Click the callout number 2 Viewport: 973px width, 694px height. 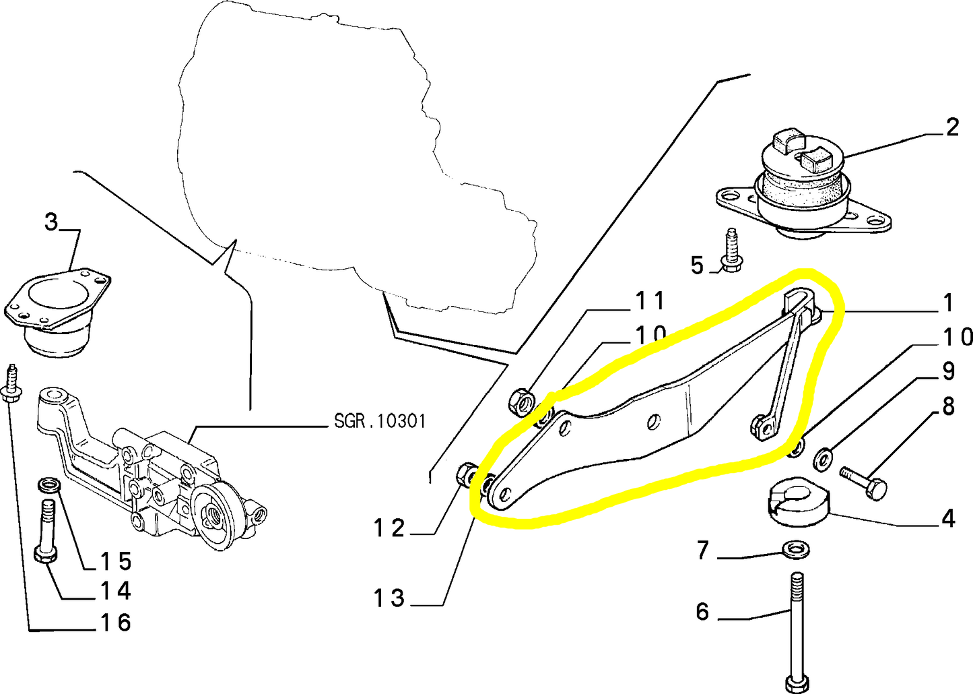[951, 127]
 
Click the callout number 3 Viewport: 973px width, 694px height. [52, 222]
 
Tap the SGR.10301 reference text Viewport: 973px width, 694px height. [380, 422]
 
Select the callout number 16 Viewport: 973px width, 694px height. [115, 623]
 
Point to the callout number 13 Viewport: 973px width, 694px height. [390, 598]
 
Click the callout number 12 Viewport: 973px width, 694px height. [390, 528]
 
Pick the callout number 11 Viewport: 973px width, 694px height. [650, 301]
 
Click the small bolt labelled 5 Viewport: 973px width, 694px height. [730, 251]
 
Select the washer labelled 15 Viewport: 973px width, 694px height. [48, 484]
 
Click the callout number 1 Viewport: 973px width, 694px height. [948, 304]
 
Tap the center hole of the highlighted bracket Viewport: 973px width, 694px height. [652, 422]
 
